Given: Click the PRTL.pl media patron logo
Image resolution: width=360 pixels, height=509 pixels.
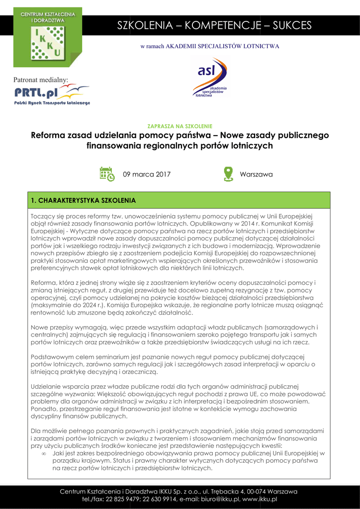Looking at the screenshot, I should tap(52, 94).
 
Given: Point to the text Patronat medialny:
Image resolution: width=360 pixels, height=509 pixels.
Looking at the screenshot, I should tap(40, 80).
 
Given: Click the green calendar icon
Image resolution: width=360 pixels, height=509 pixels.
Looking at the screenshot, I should tap(107, 173).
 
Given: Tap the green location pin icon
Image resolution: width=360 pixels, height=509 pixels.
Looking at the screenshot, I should tap(228, 173).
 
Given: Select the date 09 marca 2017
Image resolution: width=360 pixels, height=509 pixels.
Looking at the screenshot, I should tap(147, 174).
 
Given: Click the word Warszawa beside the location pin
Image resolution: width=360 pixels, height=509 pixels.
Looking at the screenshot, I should tap(256, 174).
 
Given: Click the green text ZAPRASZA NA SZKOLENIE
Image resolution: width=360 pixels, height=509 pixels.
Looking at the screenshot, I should tap(180, 126).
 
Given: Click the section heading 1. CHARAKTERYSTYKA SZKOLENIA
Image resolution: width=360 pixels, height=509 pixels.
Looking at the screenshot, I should tap(83, 201).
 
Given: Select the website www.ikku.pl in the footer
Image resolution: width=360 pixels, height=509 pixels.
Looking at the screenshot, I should tap(260, 499).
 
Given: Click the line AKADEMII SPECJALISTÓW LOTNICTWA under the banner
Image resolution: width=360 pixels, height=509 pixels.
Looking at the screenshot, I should tap(222, 46).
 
